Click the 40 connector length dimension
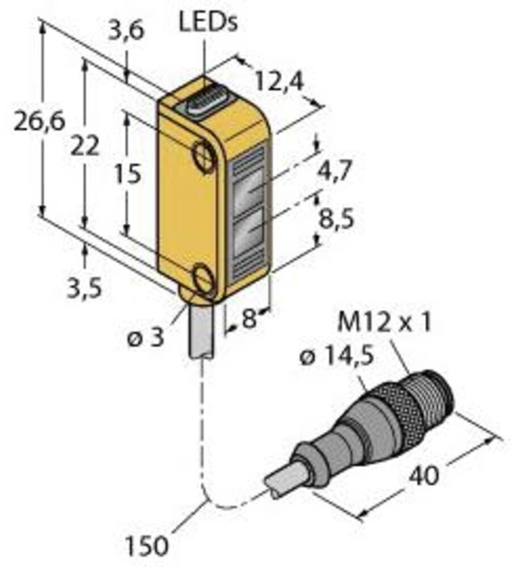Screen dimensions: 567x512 click(423, 475)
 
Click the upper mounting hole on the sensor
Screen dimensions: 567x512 click(205, 155)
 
